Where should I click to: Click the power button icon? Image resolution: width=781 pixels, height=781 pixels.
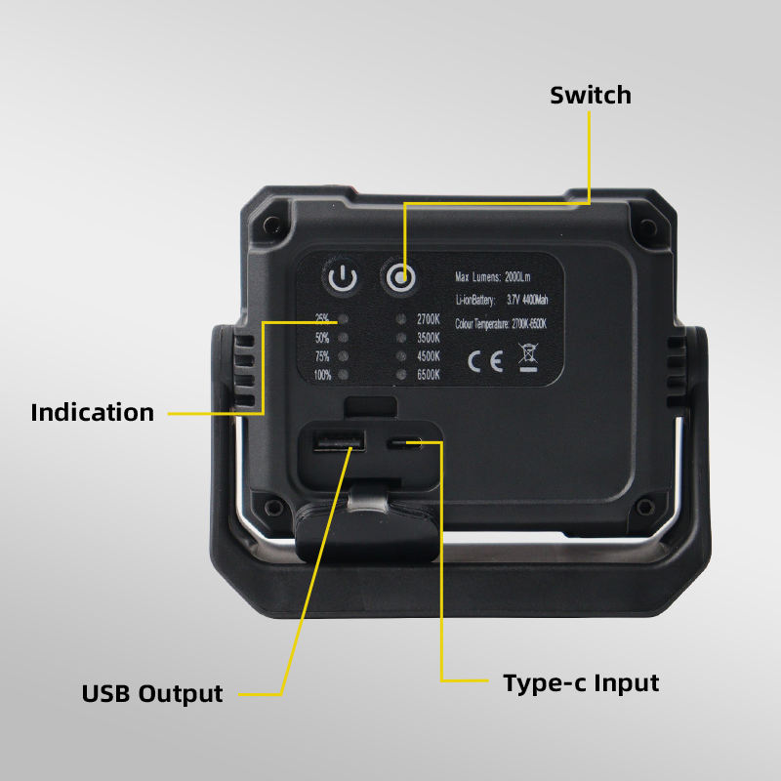click(343, 279)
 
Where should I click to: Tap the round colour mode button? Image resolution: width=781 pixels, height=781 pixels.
click(397, 278)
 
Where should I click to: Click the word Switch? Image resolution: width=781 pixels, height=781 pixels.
click(590, 96)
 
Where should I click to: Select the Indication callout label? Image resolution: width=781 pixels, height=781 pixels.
click(92, 412)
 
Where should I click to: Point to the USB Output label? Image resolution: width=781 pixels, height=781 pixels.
click(151, 694)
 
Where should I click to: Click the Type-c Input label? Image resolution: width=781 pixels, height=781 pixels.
click(581, 682)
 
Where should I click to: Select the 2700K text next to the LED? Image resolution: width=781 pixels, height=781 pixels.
click(430, 319)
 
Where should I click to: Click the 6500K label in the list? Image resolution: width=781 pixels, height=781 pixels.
click(430, 375)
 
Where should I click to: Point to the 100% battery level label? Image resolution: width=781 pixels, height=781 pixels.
click(322, 375)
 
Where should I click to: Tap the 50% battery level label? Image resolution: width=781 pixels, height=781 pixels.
click(323, 338)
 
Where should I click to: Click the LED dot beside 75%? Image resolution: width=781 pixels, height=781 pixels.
click(343, 356)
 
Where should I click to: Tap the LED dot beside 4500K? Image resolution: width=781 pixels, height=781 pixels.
click(401, 356)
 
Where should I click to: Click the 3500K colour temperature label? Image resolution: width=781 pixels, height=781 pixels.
click(430, 338)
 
